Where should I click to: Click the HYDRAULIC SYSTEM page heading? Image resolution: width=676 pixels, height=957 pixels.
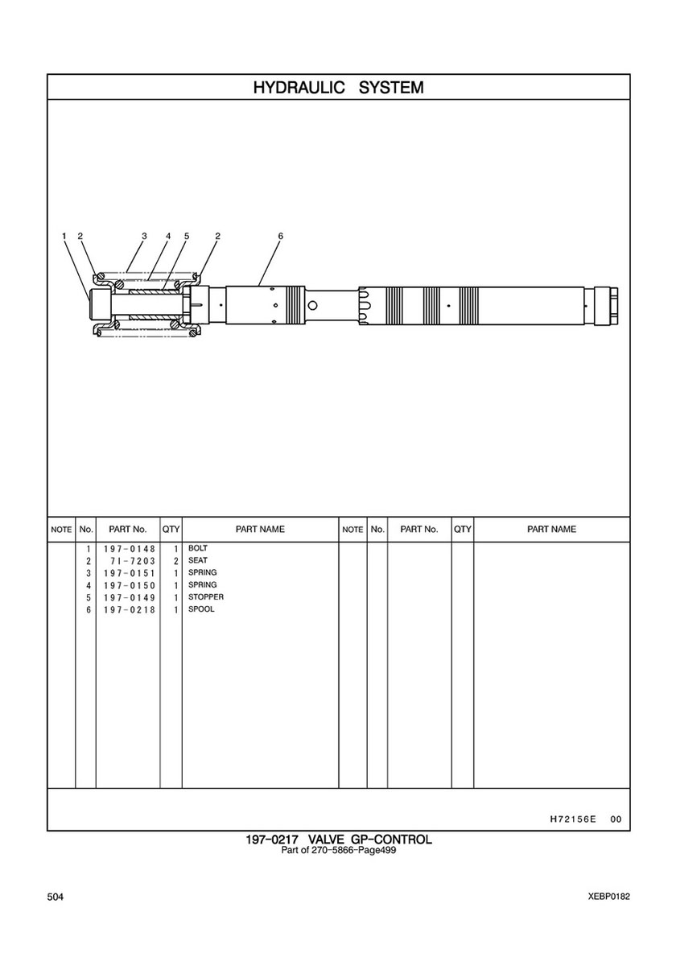pyautogui.click(x=338, y=87)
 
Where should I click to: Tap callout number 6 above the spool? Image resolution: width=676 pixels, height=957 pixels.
pyautogui.click(x=280, y=236)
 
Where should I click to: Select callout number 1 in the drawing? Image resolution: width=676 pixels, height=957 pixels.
pyautogui.click(x=64, y=236)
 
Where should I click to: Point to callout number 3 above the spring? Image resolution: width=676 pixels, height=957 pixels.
pyautogui.click(x=145, y=236)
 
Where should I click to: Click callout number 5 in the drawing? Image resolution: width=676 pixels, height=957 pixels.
pyautogui.click(x=186, y=236)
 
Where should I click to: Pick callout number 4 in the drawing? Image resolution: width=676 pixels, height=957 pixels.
pyautogui.click(x=167, y=236)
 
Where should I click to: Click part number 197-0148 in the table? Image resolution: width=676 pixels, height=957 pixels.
pyautogui.click(x=130, y=549)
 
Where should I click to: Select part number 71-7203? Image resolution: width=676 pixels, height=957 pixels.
pyautogui.click(x=134, y=561)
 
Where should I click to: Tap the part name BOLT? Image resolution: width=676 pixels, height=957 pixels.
pyautogui.click(x=198, y=548)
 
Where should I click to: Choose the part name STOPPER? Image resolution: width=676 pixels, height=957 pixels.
pyautogui.click(x=205, y=597)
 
